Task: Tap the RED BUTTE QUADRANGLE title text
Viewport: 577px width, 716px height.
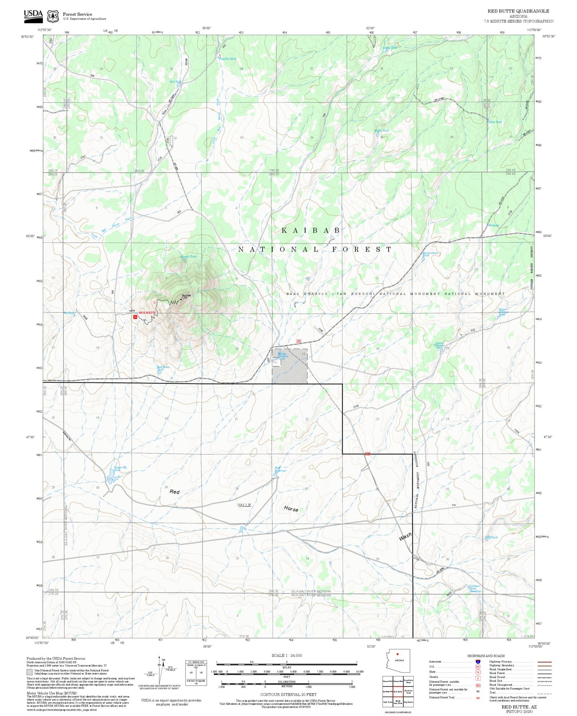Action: coord(518,11)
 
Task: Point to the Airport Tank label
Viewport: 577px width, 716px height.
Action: coord(188,257)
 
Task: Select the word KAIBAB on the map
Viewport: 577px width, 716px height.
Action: coord(311,230)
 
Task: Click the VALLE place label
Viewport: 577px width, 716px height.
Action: coord(244,505)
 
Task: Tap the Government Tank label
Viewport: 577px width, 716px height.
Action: coord(430,254)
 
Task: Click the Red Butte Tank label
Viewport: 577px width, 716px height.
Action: coord(163,368)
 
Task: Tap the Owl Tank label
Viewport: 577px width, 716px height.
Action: coord(175,82)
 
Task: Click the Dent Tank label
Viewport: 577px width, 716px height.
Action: coord(495,122)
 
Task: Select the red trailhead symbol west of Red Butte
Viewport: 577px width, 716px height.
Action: coord(135,317)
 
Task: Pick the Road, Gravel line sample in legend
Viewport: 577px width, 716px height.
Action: coord(544,677)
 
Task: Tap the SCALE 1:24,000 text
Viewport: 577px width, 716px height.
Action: coord(287,655)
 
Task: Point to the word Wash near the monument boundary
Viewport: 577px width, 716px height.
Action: coord(405,537)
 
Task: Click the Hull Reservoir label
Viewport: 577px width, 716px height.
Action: coord(280,469)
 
